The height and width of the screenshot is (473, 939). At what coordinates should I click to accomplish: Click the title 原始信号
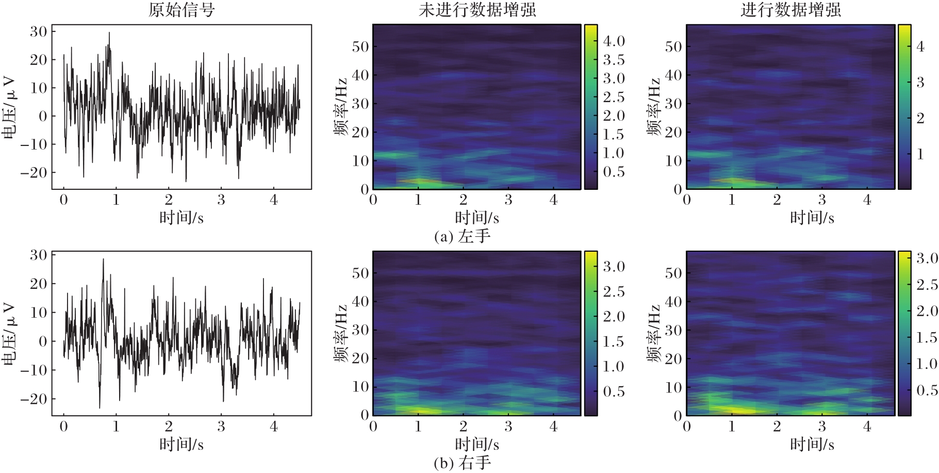pos(182,10)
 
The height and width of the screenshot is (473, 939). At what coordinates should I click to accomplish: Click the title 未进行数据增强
pos(477,10)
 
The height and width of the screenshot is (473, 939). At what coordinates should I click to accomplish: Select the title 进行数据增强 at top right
pos(790,10)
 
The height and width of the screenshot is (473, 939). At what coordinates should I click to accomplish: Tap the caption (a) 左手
pos(462,236)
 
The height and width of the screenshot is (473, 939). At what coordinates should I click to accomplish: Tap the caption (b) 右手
pos(462,463)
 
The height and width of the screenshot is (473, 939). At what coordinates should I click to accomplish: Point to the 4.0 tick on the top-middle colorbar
pos(614,41)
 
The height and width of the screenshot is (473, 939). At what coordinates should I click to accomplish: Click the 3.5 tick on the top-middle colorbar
pos(614,60)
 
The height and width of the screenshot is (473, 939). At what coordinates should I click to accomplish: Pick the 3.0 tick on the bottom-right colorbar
pos(927,258)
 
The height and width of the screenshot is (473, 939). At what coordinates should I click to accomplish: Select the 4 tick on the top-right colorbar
pos(920,46)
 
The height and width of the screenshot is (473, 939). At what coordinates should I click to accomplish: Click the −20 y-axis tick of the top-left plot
pos(34,172)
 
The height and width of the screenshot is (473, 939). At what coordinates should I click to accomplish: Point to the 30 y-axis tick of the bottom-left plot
pos(38,255)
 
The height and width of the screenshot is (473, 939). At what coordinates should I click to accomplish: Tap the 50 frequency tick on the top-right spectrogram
pos(673,46)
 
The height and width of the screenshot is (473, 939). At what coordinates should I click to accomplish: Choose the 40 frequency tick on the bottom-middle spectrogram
pos(360,301)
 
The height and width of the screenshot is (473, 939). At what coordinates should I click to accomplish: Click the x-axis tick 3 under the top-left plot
pos(221,200)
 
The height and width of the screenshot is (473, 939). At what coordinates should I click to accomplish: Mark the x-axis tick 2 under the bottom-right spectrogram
pos(777,427)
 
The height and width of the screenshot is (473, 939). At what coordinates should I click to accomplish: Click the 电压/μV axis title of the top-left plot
pos(9,108)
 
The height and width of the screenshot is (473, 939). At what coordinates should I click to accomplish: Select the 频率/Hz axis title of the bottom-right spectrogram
pos(653,334)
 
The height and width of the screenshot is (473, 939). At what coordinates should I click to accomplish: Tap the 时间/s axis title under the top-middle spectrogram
pos(477,218)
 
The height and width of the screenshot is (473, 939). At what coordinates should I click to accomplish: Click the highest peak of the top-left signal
pos(109,32)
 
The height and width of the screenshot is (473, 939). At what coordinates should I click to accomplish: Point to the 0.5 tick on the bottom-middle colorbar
pos(614,392)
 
